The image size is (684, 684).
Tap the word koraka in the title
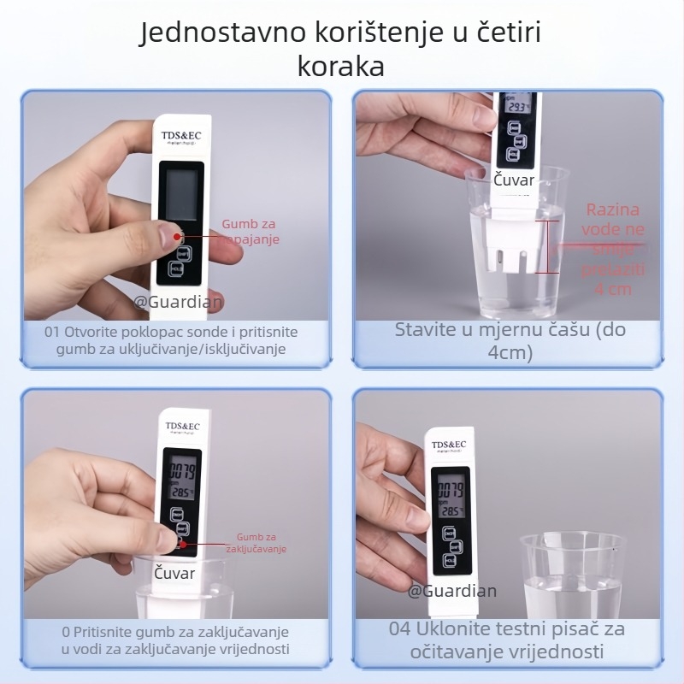pyautogui.click(x=341, y=67)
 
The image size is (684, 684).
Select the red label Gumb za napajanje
pyautogui.click(x=251, y=232)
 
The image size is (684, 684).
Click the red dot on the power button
pyautogui.click(x=177, y=237)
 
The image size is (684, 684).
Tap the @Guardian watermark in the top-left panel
pyautogui.click(x=178, y=300)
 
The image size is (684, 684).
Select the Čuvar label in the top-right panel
pyautogui.click(x=514, y=180)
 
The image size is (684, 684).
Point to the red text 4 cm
pyautogui.click(x=613, y=289)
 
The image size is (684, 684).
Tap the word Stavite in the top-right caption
pyautogui.click(x=425, y=330)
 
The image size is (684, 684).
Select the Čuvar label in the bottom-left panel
pyautogui.click(x=174, y=573)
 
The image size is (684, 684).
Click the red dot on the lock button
pyautogui.click(x=182, y=543)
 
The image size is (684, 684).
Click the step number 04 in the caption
pyautogui.click(x=400, y=629)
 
